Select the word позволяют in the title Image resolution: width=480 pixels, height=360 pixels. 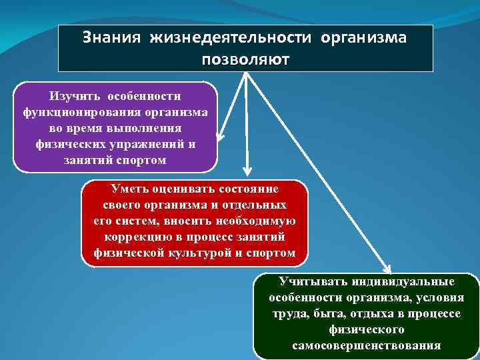[x=245, y=59]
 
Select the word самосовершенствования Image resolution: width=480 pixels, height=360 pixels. [x=366, y=345]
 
